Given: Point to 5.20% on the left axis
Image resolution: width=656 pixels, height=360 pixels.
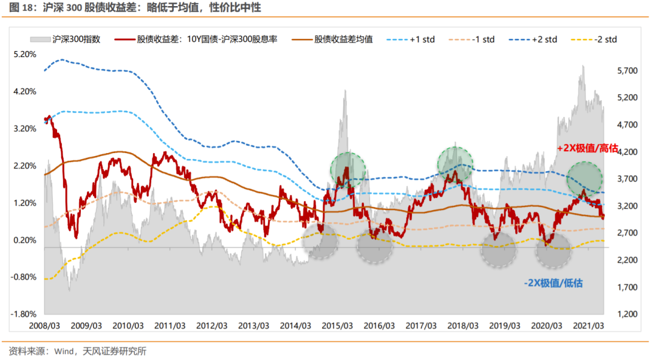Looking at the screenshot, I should [x=25, y=55].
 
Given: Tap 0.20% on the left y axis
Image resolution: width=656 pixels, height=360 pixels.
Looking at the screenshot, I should [x=25, y=240].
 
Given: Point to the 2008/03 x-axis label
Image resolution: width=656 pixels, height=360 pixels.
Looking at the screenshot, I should [x=44, y=326].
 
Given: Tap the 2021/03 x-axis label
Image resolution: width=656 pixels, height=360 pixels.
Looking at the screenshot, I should [x=589, y=326].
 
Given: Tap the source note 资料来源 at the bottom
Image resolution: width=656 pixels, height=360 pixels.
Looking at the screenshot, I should [x=77, y=352].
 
